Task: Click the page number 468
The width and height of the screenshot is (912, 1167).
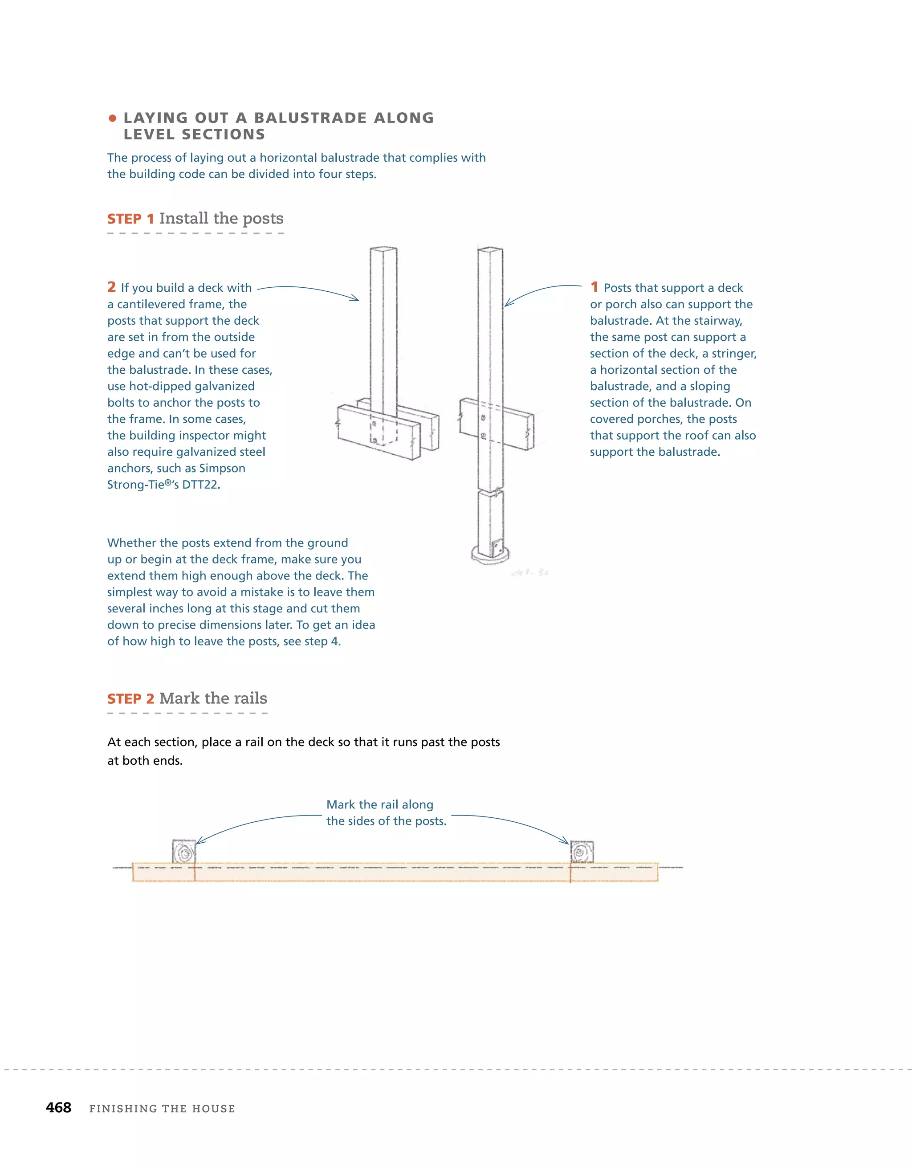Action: (x=58, y=1107)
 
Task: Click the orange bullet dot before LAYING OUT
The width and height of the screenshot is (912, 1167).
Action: (x=112, y=118)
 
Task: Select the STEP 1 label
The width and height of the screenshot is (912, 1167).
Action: (x=130, y=219)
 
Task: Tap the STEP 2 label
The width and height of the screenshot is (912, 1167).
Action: (x=130, y=699)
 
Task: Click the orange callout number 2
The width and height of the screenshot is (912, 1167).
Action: (x=111, y=287)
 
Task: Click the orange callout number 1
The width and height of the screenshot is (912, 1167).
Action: (x=594, y=287)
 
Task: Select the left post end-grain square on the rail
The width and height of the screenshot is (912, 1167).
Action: (x=184, y=852)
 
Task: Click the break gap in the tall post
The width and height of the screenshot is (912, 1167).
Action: (x=490, y=490)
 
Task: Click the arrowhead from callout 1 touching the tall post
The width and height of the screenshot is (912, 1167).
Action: (x=508, y=304)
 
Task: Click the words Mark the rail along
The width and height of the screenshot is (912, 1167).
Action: (x=379, y=805)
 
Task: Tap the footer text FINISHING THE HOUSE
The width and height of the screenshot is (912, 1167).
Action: (x=162, y=1108)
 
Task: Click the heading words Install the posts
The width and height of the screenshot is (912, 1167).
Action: (x=221, y=219)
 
